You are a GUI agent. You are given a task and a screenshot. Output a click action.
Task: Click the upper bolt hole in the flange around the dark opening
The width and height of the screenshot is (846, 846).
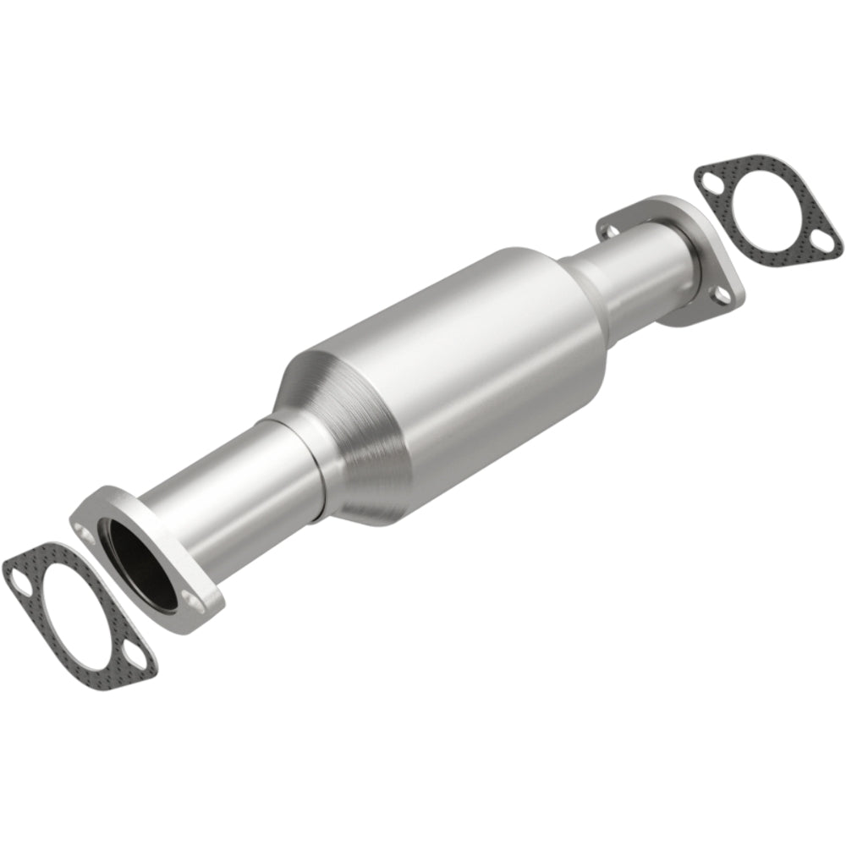pyautogui.click(x=85, y=532)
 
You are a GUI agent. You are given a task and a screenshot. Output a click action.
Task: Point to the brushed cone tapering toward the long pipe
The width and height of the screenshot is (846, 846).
pyautogui.click(x=338, y=423)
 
